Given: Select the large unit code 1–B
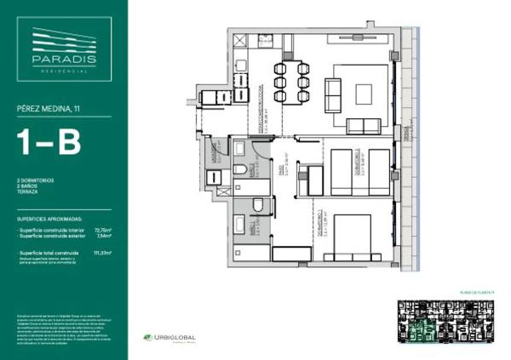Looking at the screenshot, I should click(49, 141).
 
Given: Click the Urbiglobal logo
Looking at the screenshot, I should click(170, 338).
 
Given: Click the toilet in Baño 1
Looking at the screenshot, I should click(257, 204).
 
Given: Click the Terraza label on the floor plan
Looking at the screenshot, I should click(406, 136).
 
